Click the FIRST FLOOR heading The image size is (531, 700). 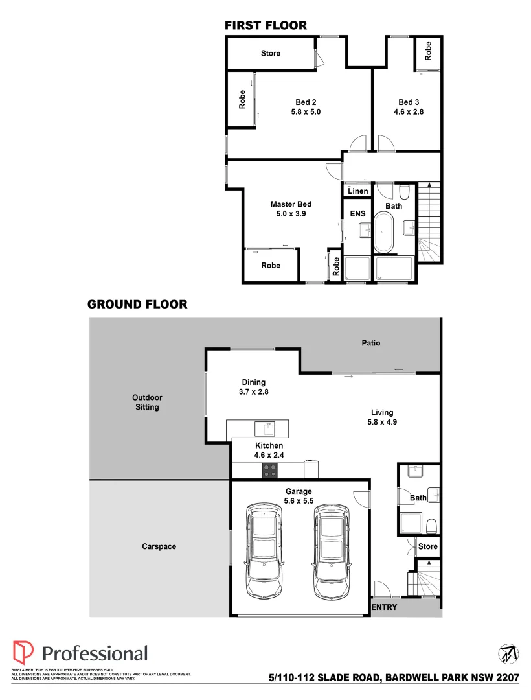coord(265,26)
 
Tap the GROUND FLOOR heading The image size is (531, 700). coord(137,304)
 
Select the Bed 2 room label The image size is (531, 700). coord(306,102)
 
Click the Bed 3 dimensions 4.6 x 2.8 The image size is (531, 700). coord(409,112)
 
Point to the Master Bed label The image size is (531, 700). coord(291,204)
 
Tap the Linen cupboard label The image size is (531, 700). coord(357,191)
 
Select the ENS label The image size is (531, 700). coord(357,213)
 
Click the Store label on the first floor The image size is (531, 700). coord(270,53)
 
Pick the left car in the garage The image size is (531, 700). coord(264,551)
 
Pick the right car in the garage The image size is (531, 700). coord(333,551)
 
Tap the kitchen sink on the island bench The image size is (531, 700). coord(265,428)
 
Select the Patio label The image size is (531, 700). coord(370,343)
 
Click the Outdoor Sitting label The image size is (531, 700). coord(147,402)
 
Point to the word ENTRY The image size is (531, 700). coord(385,607)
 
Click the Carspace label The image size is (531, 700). coord(159,546)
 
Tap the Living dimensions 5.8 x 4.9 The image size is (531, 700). coord(382,422)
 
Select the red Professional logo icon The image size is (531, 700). coord(23,653)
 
